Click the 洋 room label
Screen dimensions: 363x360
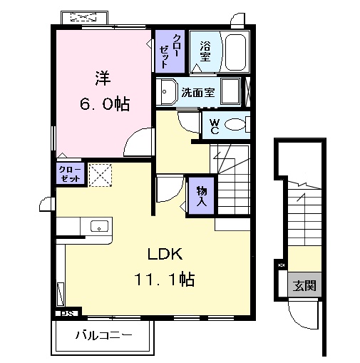tap(103, 75)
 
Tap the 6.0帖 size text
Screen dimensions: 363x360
tap(103, 104)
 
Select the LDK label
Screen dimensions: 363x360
tap(166, 255)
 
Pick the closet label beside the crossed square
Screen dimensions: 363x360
tap(70, 173)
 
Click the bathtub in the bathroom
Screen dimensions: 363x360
tap(232, 51)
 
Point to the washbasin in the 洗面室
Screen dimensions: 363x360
tap(168, 93)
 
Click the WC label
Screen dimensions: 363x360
tap(213, 126)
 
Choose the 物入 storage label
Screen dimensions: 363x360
tap(200, 195)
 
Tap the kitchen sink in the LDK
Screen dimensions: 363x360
tap(99, 227)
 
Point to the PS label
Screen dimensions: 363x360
tap(66, 312)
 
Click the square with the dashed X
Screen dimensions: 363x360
tap(99, 173)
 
